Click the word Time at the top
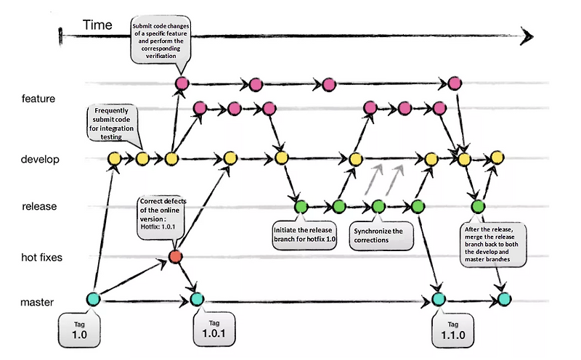pyautogui.click(x=97, y=25)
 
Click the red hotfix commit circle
pyautogui.click(x=175, y=255)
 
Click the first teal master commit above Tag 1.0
pyautogui.click(x=93, y=298)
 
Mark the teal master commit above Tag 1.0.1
pyautogui.click(x=197, y=298)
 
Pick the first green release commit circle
pyautogui.click(x=301, y=207)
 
